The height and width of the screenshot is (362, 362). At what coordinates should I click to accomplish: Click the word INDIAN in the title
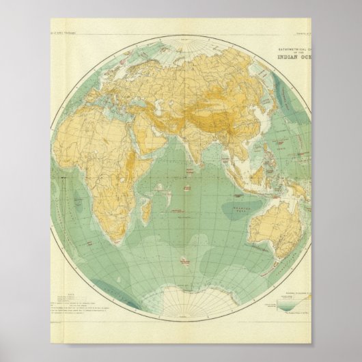[293, 57]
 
